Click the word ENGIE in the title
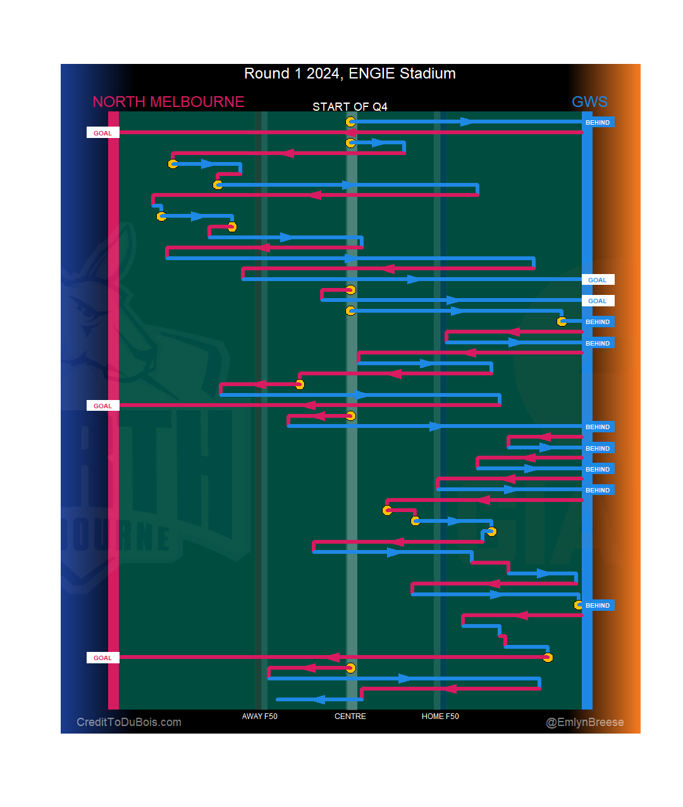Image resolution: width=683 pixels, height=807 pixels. click(x=369, y=73)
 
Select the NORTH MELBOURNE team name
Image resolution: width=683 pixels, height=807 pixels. click(x=168, y=102)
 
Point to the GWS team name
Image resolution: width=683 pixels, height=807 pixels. click(x=589, y=102)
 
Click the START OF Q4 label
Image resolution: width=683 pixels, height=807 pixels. click(x=350, y=107)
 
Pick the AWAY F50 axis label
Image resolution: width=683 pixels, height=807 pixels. click(x=259, y=716)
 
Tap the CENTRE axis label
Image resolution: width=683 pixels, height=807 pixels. click(x=350, y=716)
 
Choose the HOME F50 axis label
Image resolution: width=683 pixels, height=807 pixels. click(x=440, y=716)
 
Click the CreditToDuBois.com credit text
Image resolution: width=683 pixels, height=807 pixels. click(x=129, y=722)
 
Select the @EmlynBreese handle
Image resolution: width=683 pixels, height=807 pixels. click(x=585, y=722)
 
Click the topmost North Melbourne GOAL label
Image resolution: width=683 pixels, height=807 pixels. click(x=102, y=133)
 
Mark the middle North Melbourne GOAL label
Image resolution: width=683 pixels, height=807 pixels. click(x=102, y=406)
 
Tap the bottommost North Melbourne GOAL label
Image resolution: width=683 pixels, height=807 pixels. click(x=102, y=658)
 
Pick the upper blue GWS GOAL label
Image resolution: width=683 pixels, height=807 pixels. click(x=597, y=280)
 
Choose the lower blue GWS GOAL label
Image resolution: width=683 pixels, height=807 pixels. click(x=597, y=301)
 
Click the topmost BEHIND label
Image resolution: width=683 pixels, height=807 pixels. click(x=598, y=122)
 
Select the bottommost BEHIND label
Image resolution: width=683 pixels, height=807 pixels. click(x=598, y=605)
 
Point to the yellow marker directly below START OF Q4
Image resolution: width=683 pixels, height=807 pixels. click(x=350, y=122)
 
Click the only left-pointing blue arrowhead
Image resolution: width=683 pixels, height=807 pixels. click(x=319, y=699)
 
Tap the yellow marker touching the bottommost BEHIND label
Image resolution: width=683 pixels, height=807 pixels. click(x=578, y=605)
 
